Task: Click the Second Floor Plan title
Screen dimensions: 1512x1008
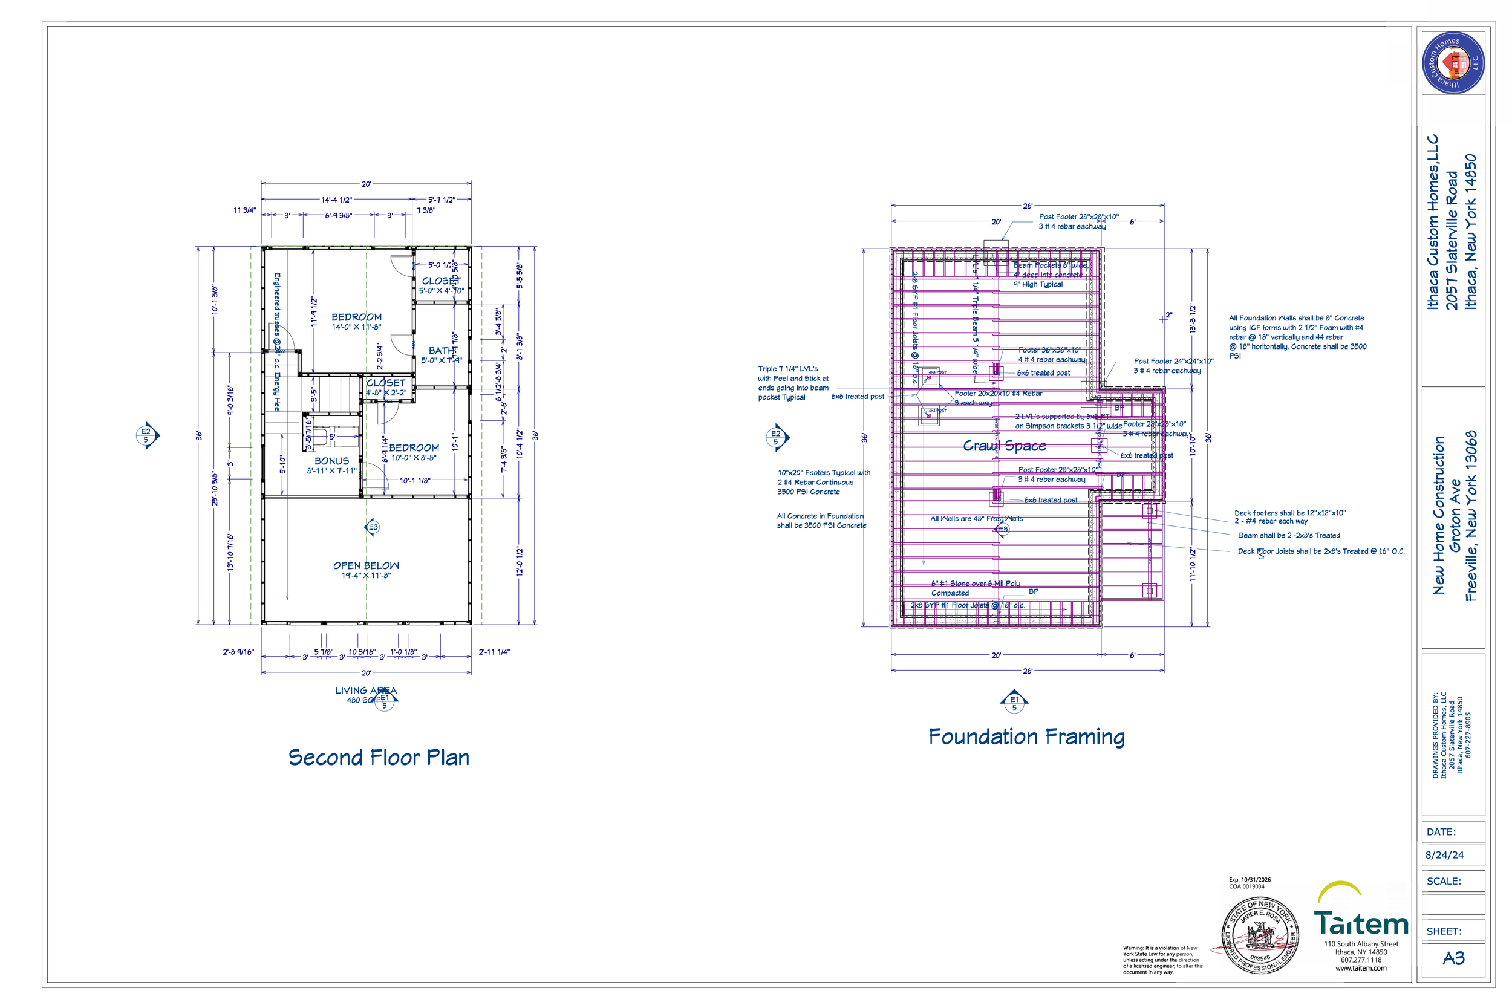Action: click(x=379, y=757)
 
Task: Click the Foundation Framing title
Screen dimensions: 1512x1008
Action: click(x=1026, y=736)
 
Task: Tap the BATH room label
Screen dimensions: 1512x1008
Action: click(x=441, y=351)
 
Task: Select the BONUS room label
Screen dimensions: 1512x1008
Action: click(x=331, y=461)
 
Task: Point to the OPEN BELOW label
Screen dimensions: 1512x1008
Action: click(x=366, y=566)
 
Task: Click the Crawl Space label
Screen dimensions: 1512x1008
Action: click(x=1004, y=446)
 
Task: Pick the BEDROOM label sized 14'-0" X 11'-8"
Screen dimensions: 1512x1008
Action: click(x=356, y=317)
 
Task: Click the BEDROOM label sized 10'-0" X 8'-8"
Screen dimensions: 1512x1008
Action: click(x=414, y=448)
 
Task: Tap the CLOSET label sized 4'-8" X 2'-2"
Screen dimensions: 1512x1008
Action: click(x=386, y=383)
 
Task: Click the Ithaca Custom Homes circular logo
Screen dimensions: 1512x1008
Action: click(x=1453, y=63)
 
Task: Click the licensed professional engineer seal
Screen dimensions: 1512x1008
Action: click(x=1259, y=936)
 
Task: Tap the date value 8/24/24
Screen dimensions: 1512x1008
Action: click(x=1444, y=855)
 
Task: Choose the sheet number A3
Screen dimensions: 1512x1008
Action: click(x=1453, y=958)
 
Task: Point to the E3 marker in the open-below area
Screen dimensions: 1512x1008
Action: click(x=372, y=528)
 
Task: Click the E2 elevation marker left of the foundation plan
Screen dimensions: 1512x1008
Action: click(x=776, y=437)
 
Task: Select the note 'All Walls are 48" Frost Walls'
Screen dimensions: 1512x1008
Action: click(x=977, y=519)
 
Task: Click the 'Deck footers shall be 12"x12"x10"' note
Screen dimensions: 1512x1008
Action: click(x=1289, y=513)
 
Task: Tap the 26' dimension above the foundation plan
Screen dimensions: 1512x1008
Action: click(x=1028, y=206)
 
